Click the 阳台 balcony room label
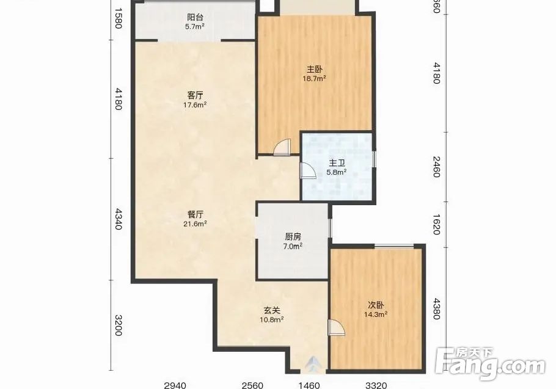coord(195,17)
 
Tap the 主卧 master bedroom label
coord(315,69)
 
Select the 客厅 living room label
coord(195,95)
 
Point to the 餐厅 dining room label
coord(195,214)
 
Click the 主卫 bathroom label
coord(337,163)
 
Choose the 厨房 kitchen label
coord(293,237)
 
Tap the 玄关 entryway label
coord(272,310)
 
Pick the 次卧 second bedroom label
coord(376,305)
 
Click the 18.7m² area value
coord(314,78)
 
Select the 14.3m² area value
coord(375,314)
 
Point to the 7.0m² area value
coord(293,246)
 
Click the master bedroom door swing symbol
coord(282,147)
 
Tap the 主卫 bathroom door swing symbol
coord(308,170)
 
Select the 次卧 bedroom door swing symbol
coord(336,327)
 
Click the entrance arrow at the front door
coord(312,364)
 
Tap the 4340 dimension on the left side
coord(119,219)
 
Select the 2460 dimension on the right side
coord(436,167)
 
